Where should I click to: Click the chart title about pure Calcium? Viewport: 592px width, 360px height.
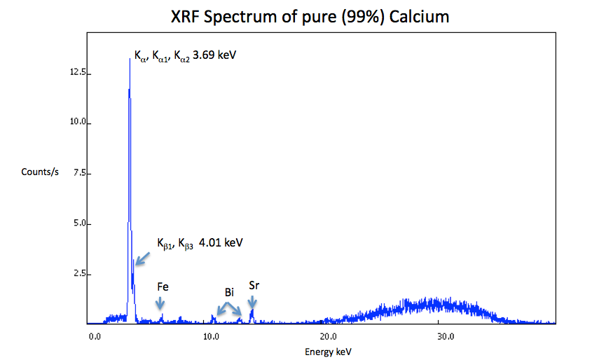tap(310, 17)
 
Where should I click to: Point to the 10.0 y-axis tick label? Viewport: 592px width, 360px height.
tap(77, 123)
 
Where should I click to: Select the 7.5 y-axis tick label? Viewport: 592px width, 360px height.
tap(79, 173)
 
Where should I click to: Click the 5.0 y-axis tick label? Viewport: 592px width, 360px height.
tap(79, 223)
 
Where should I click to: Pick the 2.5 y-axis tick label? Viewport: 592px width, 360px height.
tap(79, 274)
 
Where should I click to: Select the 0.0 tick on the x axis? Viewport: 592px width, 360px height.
tap(95, 336)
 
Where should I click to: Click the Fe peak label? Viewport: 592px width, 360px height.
tap(163, 286)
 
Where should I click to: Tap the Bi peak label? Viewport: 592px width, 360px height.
tap(229, 291)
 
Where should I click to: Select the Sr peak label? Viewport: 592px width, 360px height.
tap(254, 286)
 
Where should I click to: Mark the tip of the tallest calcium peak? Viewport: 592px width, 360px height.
tap(130, 59)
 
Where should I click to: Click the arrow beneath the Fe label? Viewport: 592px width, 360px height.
tap(161, 303)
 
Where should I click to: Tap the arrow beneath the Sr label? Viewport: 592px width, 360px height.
tap(252, 302)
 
